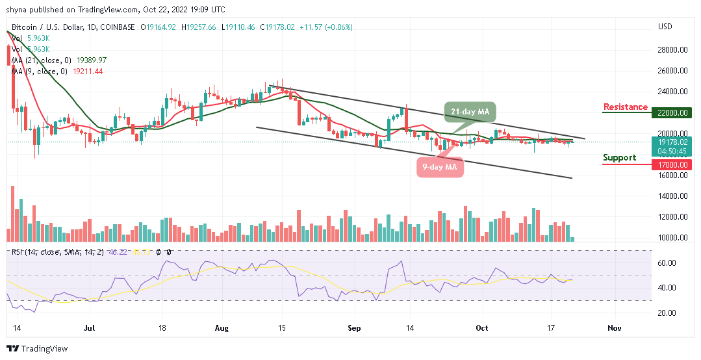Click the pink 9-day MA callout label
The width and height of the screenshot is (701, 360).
tap(440, 167)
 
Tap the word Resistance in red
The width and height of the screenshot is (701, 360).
tap(625, 107)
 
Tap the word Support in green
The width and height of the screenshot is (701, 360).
tap(619, 158)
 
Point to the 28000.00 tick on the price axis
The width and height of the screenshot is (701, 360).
tap(672, 50)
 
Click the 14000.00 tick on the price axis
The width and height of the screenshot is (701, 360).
tap(672, 196)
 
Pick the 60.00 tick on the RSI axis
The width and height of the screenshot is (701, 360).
tap(668, 263)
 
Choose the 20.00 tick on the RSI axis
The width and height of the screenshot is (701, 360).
tap(668, 313)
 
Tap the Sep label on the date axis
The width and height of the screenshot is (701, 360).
tap(353, 329)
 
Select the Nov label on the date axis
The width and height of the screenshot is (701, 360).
tap(615, 329)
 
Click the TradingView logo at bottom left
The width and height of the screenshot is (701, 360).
tap(36, 349)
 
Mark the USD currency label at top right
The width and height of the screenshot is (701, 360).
tap(665, 27)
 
